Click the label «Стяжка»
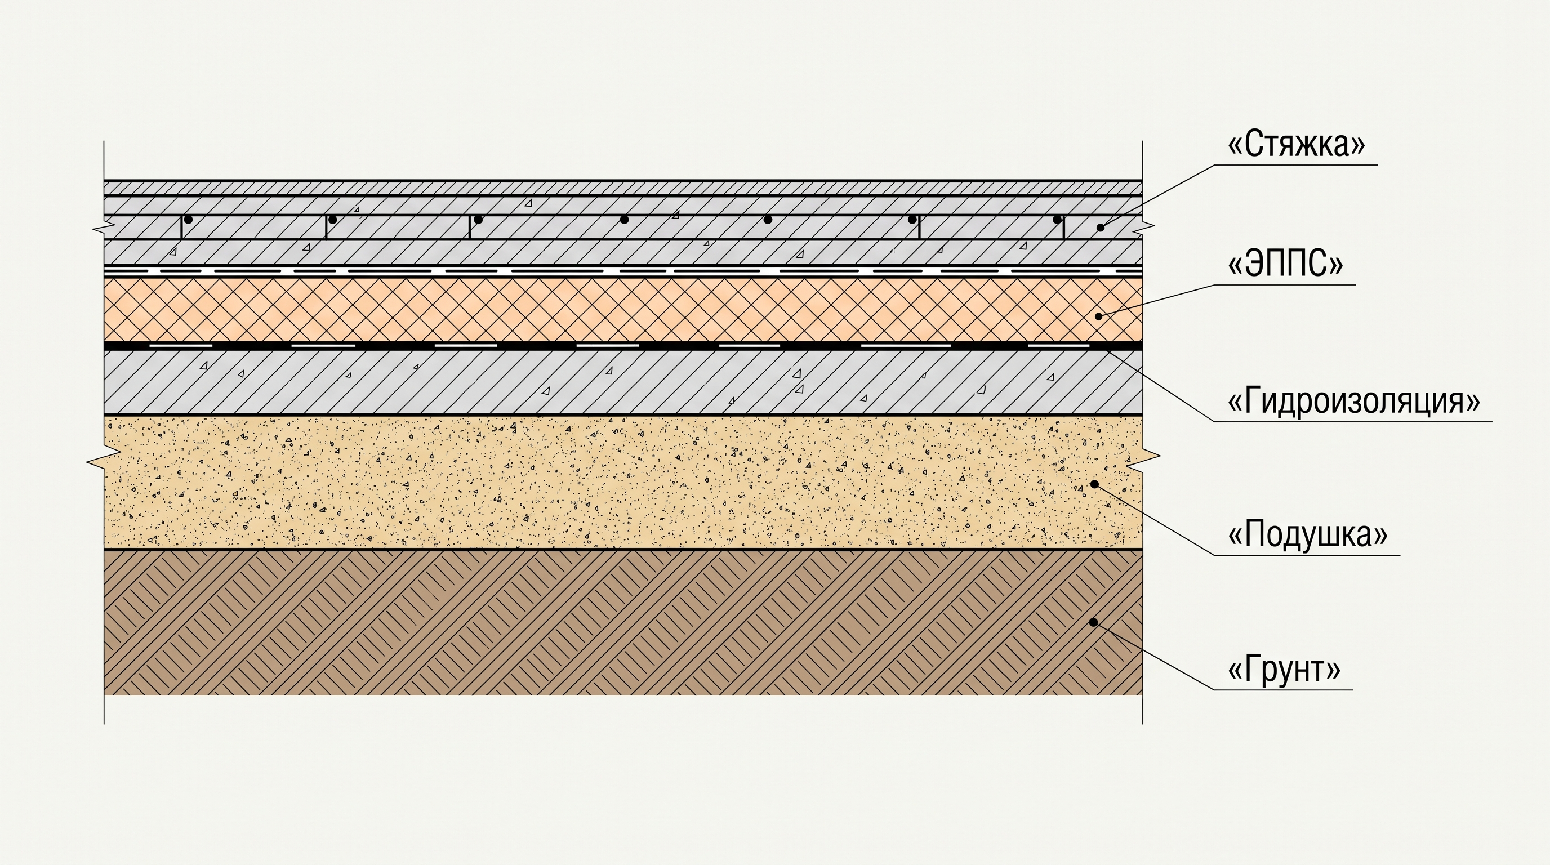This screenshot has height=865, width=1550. [x=1296, y=144]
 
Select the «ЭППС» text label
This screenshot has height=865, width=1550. [x=1285, y=264]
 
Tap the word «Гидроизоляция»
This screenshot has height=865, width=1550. [x=1354, y=400]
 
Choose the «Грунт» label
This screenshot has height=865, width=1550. [x=1284, y=668]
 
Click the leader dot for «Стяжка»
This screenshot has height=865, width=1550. [x=1101, y=228]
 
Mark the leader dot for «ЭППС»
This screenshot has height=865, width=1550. [x=1099, y=316]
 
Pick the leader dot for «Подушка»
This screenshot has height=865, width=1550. [x=1094, y=484]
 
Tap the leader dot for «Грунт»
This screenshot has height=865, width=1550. [x=1094, y=622]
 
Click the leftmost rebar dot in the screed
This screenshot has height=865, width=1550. [x=188, y=220]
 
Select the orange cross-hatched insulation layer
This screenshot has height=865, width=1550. [x=623, y=309]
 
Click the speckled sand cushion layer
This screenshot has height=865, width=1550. [x=623, y=482]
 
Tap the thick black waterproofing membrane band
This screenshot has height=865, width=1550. [x=623, y=346]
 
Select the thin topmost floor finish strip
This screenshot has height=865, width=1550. [x=623, y=188]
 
